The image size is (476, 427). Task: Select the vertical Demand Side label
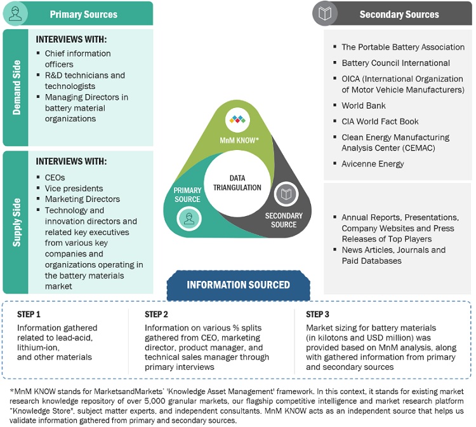pyautogui.click(x=16, y=87)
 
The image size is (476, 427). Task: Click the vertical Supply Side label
pyautogui.click(x=16, y=219)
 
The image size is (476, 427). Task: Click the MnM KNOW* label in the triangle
pyautogui.click(x=238, y=139)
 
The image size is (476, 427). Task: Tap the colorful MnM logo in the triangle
pyautogui.click(x=238, y=121)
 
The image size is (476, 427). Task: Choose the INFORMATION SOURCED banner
pyautogui.click(x=238, y=285)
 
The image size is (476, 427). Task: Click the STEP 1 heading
pyautogui.click(x=29, y=315)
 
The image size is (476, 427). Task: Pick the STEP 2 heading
pyautogui.click(x=156, y=315)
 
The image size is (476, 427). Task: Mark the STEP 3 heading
pyautogui.click(x=317, y=315)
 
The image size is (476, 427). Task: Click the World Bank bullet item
pyautogui.click(x=363, y=105)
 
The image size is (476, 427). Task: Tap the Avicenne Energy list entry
pyautogui.click(x=373, y=164)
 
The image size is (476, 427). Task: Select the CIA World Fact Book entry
pyautogui.click(x=380, y=121)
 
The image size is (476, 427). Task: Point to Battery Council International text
pyautogui.click(x=395, y=63)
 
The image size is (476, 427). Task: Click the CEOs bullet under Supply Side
pyautogui.click(x=55, y=178)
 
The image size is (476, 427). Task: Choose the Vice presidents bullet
pyautogui.click(x=74, y=189)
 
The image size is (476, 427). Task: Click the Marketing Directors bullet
pyautogui.click(x=82, y=200)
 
